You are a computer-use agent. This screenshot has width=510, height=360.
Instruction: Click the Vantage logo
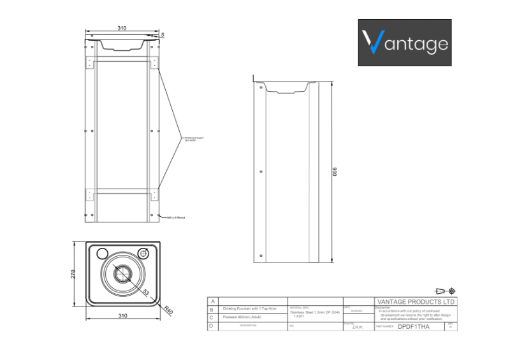(404, 43)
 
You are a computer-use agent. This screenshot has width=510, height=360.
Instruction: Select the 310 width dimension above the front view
(121, 28)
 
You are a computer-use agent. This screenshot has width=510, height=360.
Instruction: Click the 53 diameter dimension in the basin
(146, 292)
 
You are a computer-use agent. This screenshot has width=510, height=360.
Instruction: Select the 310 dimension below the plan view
(122, 315)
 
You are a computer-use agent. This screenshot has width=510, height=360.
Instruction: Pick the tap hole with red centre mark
(144, 253)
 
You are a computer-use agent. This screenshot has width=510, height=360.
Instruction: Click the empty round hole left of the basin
(101, 253)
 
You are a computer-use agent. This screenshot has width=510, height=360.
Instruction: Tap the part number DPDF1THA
(413, 326)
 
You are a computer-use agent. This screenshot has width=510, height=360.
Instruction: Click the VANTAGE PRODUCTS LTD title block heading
(415, 302)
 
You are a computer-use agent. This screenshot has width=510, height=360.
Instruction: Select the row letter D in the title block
(211, 326)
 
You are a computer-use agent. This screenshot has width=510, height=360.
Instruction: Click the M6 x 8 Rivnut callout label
(176, 217)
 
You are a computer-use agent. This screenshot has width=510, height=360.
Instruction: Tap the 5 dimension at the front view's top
(163, 34)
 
